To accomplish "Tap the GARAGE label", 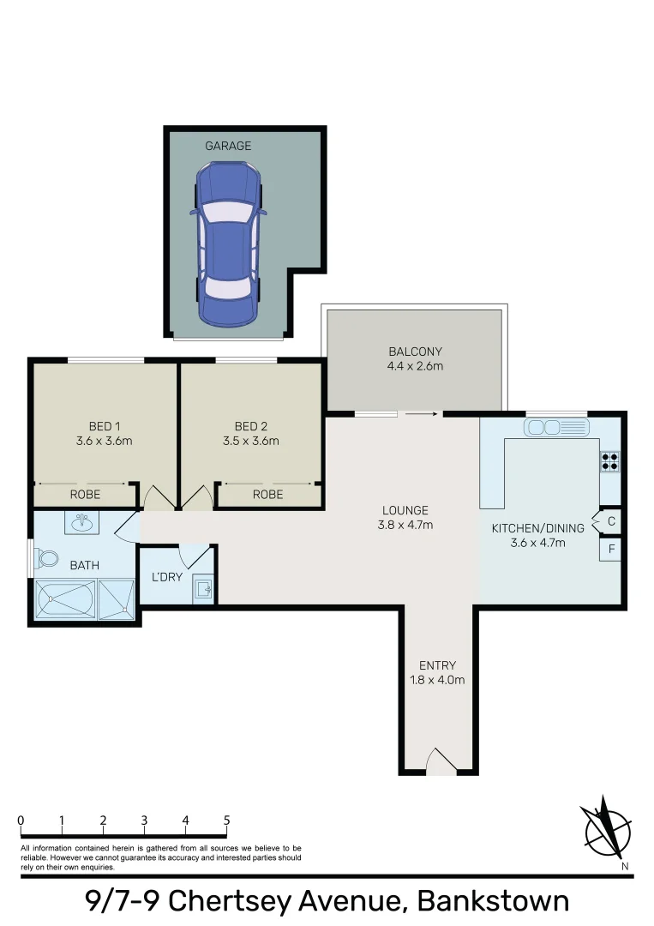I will tap(228, 146).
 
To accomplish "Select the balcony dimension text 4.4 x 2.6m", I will tap(415, 367).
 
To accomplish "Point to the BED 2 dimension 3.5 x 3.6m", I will tap(251, 442).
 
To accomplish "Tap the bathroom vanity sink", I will tap(84, 522).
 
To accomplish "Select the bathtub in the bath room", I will tap(65, 598).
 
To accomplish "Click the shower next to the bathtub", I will tap(116, 598).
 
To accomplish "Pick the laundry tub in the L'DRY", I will tap(202, 588).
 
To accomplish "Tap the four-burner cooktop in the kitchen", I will tap(610, 462).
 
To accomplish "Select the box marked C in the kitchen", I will tap(611, 520).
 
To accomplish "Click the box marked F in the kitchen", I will tap(611, 549).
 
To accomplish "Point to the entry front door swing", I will tap(441, 761).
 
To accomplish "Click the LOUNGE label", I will tap(405, 510).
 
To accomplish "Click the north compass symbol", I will tap(608, 828).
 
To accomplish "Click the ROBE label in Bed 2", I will tap(267, 495).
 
